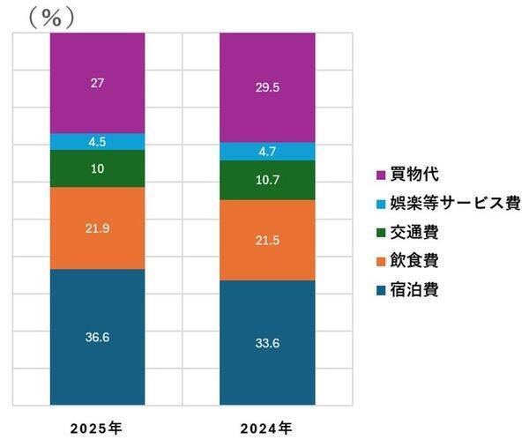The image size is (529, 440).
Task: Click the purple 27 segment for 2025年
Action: pyautogui.click(x=97, y=83)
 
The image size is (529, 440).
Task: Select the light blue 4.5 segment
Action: pyautogui.click(x=97, y=141)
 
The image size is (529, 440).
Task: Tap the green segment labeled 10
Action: pyautogui.click(x=97, y=168)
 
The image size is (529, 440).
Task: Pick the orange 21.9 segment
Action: pyautogui.click(x=97, y=227)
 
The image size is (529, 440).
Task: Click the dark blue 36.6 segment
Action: pyautogui.click(x=97, y=337)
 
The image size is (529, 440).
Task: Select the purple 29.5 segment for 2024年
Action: pyautogui.click(x=266, y=87)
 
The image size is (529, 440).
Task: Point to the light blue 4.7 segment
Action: pyautogui.click(x=266, y=152)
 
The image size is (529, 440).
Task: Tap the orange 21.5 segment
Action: pyautogui.click(x=266, y=240)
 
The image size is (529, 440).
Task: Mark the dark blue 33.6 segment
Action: pyautogui.click(x=266, y=343)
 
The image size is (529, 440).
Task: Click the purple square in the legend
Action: pyautogui.click(x=381, y=175)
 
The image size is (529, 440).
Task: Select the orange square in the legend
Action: pyautogui.click(x=381, y=260)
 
